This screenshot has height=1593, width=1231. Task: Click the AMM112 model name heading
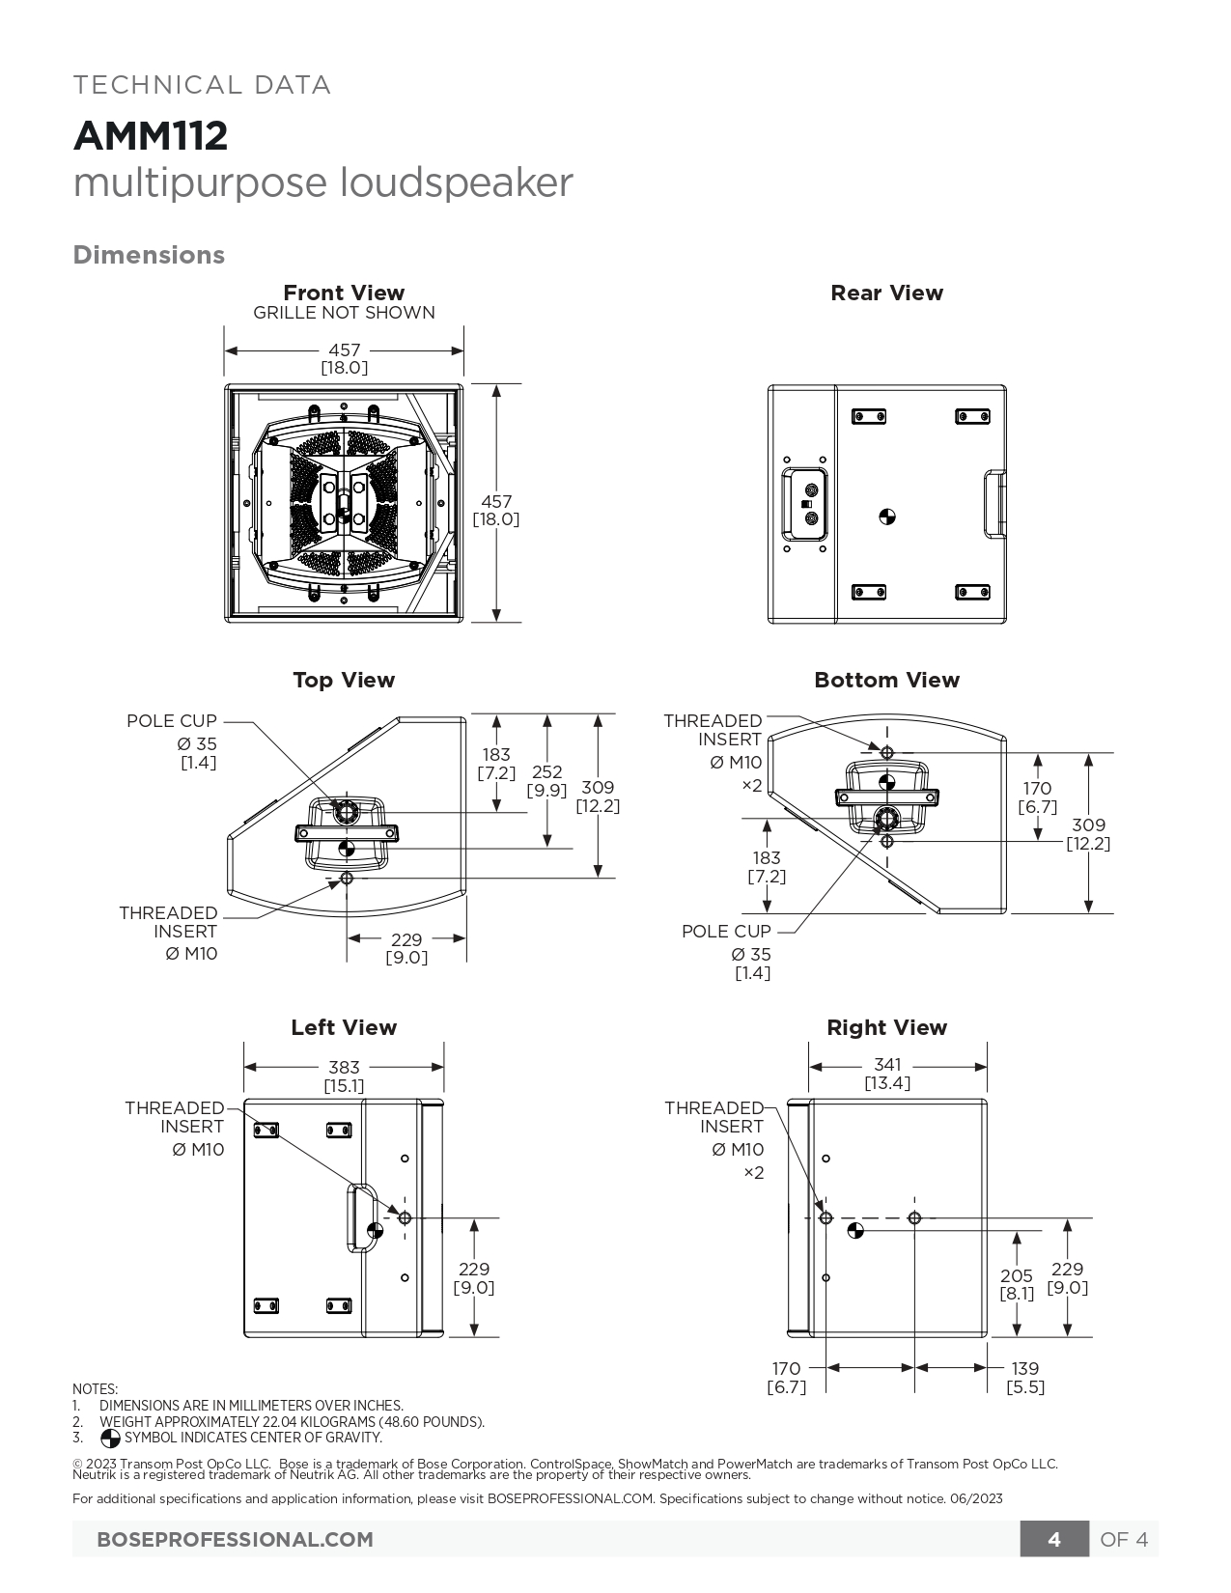[x=151, y=136]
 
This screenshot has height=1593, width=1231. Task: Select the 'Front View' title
[x=344, y=293]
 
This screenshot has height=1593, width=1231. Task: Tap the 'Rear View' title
[x=886, y=293]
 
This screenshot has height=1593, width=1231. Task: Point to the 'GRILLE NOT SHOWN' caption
[x=344, y=313]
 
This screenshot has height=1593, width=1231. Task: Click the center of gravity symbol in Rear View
[x=887, y=517]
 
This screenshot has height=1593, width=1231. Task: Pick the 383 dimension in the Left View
[x=344, y=1068]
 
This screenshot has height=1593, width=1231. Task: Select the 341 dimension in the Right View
[x=887, y=1065]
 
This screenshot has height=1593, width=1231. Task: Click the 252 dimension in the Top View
[x=546, y=772]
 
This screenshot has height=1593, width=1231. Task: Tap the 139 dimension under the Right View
[x=1025, y=1368]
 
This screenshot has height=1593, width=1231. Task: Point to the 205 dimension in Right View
[x=1017, y=1275]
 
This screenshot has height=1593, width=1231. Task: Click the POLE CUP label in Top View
[x=172, y=720]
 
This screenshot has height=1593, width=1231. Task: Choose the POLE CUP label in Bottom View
[x=726, y=931]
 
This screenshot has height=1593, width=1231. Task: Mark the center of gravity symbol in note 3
[x=110, y=1439]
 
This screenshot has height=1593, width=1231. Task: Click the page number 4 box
[x=1054, y=1539]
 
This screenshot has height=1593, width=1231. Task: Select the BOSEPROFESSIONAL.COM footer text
[x=235, y=1539]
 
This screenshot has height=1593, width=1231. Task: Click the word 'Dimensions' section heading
[x=149, y=255]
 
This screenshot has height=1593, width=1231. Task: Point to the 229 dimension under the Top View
[x=406, y=939]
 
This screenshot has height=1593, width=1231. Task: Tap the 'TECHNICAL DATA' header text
[x=203, y=85]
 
